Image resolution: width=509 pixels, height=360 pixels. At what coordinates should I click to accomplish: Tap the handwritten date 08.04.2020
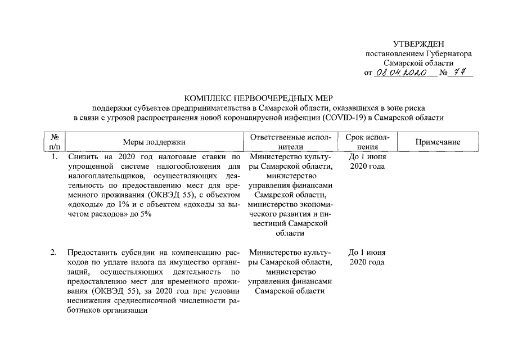401,73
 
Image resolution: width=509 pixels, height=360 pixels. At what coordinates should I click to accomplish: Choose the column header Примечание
438,142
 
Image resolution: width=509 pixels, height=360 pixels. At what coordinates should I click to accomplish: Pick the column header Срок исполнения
367,142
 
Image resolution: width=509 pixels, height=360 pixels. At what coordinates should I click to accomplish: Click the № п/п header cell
55,142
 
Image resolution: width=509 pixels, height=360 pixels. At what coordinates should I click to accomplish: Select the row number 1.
55,157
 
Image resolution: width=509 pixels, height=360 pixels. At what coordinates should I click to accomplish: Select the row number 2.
54,253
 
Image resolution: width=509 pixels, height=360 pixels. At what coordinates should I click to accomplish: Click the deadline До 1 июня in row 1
367,157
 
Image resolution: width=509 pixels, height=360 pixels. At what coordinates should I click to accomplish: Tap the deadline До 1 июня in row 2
367,253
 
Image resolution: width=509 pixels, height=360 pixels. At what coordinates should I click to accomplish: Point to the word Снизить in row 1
82,157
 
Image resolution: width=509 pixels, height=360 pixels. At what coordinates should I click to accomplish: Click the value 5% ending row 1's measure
145,214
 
